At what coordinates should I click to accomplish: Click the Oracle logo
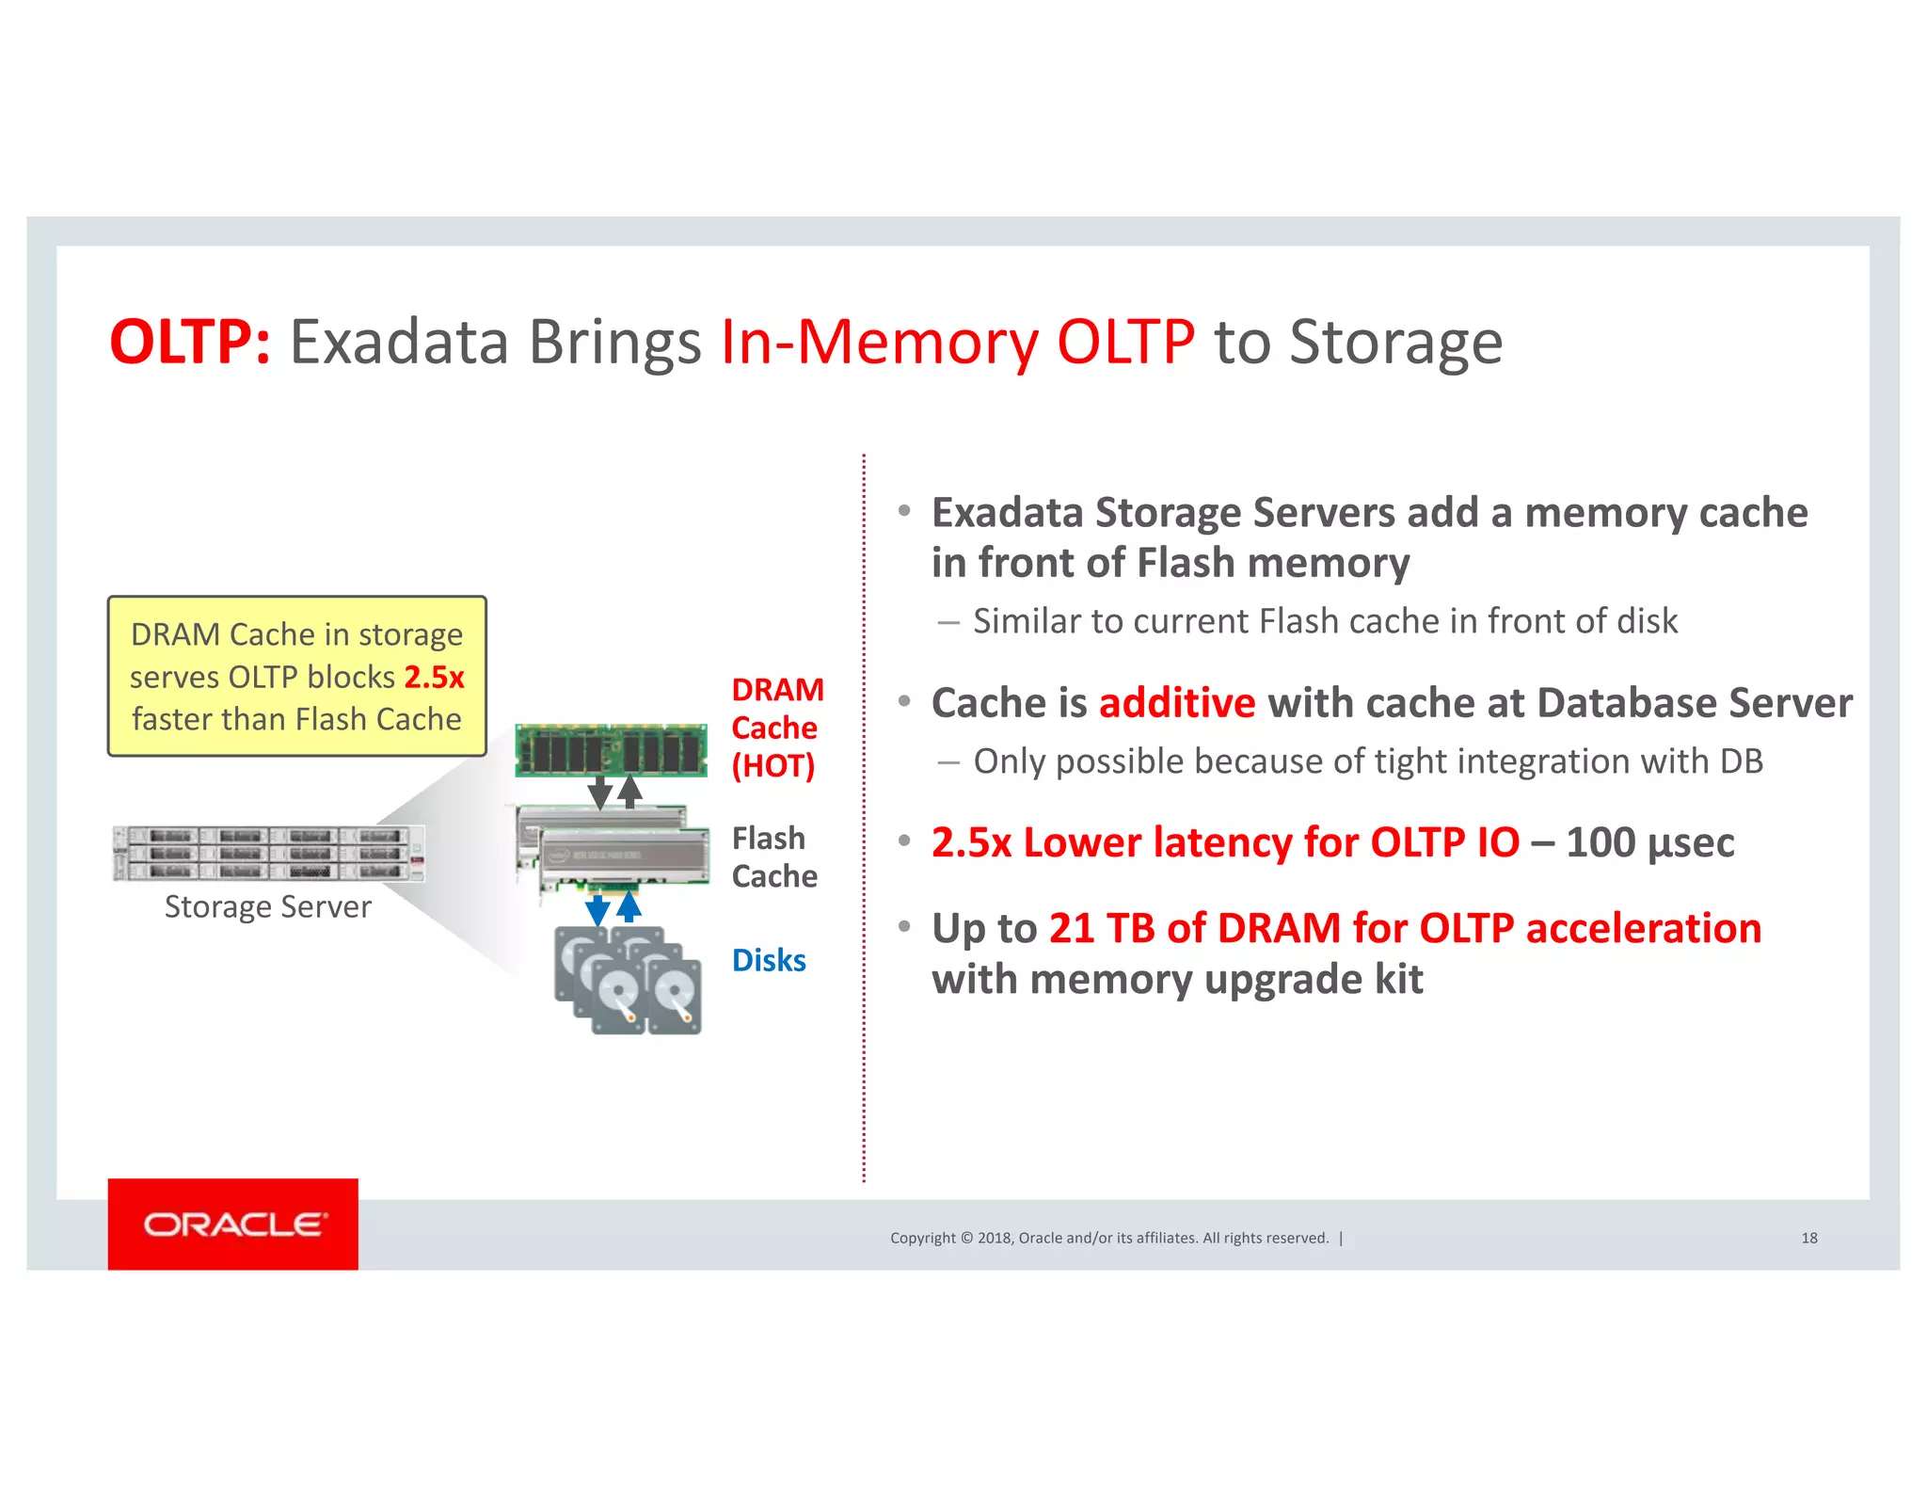tap(233, 1224)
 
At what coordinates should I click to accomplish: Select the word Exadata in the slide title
tap(399, 342)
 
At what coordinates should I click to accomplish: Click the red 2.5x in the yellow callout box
tap(434, 678)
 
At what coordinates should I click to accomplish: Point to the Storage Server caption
tap(267, 907)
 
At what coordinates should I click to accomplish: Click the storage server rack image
tap(268, 854)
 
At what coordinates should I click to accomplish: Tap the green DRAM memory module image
tap(611, 750)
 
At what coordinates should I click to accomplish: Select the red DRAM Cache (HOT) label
tap(776, 728)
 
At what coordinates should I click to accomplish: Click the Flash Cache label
tap(773, 857)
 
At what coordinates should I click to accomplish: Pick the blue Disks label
tap(769, 961)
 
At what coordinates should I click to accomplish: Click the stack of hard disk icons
tap(628, 981)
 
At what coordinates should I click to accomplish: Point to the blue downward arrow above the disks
tap(597, 909)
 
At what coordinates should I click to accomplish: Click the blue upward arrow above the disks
tap(629, 906)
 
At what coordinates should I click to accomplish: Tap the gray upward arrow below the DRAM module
tap(630, 791)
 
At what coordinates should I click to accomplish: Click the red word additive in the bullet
tap(1176, 703)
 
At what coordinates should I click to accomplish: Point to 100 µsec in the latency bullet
tap(1649, 842)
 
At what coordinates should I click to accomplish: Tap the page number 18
tap(1808, 1239)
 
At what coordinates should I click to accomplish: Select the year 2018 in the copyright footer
tap(994, 1239)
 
